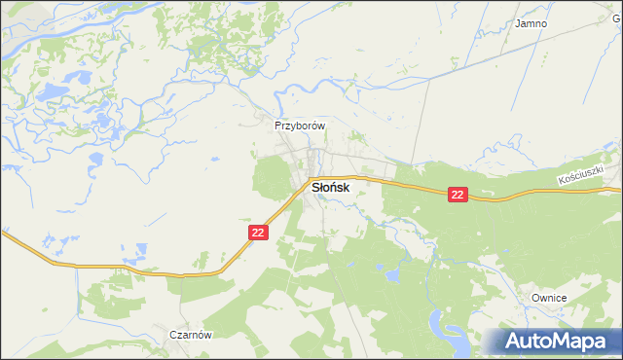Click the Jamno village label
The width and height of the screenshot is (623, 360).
[531, 23]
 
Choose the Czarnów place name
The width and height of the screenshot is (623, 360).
[190, 334]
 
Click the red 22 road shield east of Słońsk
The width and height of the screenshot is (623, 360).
[459, 195]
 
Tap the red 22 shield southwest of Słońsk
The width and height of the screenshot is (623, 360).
[257, 232]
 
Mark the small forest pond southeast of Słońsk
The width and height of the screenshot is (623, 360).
[392, 276]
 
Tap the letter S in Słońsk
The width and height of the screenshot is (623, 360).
[315, 185]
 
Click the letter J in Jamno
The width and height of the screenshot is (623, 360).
[518, 23]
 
